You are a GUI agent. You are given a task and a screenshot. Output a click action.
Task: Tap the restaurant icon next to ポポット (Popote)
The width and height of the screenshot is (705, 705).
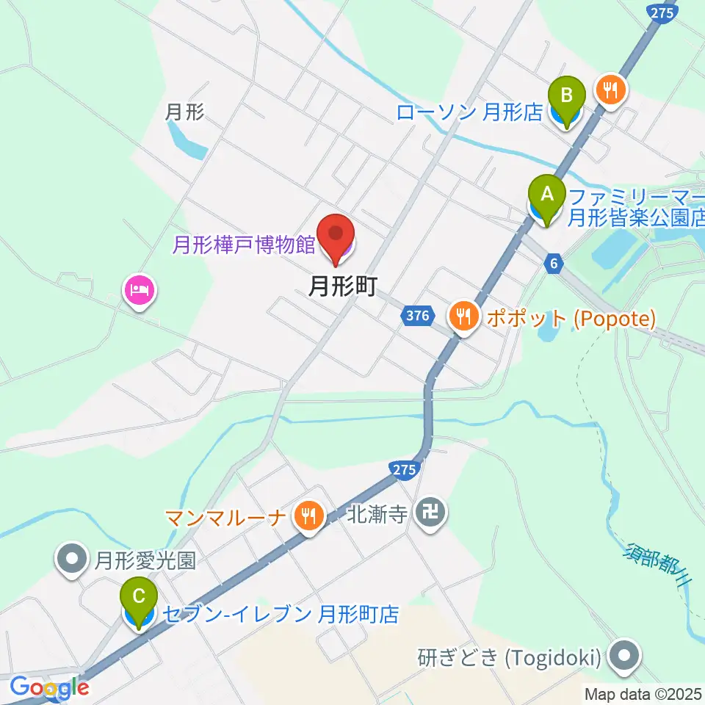(x=463, y=317)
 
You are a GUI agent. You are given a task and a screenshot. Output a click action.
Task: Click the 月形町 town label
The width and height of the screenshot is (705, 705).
(x=342, y=286)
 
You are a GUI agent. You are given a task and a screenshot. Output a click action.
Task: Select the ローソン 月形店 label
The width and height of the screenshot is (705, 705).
(x=469, y=112)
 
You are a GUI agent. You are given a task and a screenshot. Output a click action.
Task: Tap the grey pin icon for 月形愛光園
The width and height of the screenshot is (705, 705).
(x=72, y=560)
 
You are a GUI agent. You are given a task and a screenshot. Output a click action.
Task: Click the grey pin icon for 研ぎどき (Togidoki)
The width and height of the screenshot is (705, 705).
(x=625, y=655)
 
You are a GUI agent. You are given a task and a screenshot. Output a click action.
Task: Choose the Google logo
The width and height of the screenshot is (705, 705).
(x=48, y=688)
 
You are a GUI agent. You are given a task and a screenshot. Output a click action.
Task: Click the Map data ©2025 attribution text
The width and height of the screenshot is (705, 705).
(x=643, y=693)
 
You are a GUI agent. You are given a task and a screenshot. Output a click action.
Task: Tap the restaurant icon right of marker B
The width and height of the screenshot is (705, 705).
(x=610, y=90)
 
